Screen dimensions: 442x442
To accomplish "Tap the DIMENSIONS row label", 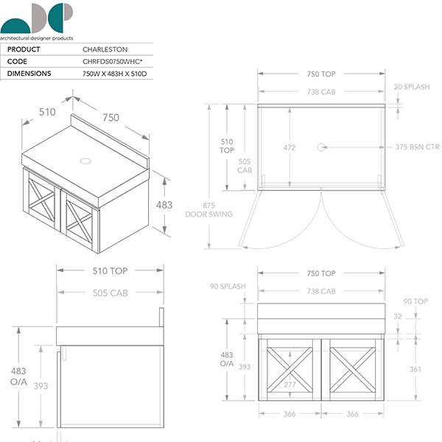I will (x=29, y=74).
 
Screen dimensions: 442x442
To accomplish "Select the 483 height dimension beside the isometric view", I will (x=166, y=205).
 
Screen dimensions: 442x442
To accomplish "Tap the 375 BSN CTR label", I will (x=416, y=147).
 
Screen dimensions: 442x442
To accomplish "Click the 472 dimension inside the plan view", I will (x=290, y=147).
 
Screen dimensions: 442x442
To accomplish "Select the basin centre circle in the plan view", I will (x=322, y=147).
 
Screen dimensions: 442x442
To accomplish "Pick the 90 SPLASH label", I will (x=228, y=287).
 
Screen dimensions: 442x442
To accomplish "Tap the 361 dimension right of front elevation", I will (x=415, y=370).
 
